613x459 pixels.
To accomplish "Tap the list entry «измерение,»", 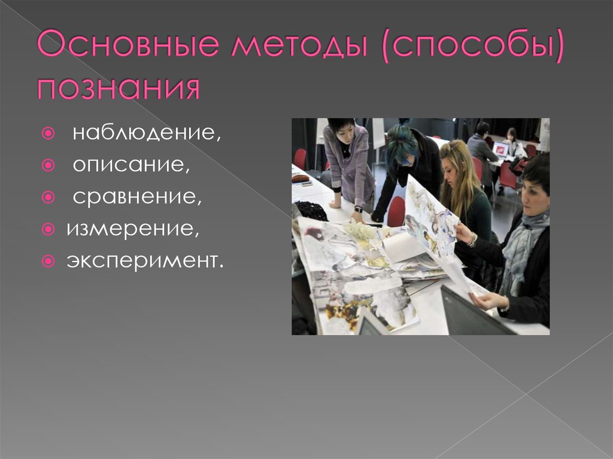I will (132, 229).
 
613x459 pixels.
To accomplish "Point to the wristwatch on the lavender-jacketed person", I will (358, 209).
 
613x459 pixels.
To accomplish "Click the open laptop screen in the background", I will (500, 148).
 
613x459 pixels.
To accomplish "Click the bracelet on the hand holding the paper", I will (472, 239).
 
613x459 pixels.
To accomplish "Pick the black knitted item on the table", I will (311, 210).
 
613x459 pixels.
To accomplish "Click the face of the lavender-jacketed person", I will (345, 132).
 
